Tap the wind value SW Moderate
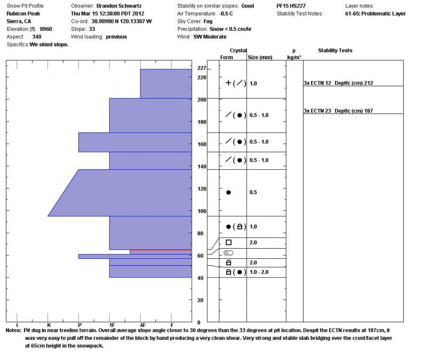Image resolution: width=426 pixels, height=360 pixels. [x=210, y=37]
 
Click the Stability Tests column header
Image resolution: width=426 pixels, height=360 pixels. [x=335, y=51]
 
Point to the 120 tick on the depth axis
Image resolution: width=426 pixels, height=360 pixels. [x=201, y=189]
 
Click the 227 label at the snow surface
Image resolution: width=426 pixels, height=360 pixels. [x=201, y=69]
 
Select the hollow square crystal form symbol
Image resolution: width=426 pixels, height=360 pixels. [x=229, y=242]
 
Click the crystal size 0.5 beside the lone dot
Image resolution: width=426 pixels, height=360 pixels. [x=253, y=192]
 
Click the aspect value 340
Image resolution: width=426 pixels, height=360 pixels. [x=37, y=37]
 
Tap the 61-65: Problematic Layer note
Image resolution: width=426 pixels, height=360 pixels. [x=375, y=14]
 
